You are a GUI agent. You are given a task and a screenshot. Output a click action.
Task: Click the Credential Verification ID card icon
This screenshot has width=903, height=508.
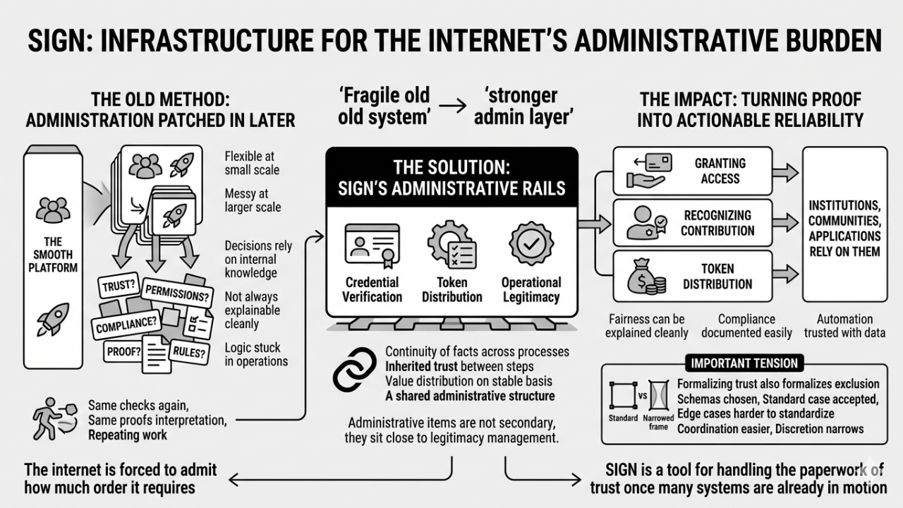point(372,244)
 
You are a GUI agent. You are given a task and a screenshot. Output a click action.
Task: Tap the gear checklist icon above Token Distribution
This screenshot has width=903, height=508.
point(451,244)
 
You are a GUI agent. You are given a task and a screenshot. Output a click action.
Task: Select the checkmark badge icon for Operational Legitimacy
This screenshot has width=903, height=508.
point(531,244)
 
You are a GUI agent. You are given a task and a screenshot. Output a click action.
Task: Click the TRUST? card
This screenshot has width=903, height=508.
point(118,286)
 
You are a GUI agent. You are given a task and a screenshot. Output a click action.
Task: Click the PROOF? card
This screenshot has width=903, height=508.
point(123,351)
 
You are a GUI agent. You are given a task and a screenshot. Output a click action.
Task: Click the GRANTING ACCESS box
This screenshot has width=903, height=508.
point(692,171)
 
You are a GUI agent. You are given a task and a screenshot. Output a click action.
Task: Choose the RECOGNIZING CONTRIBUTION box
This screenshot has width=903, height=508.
point(692,223)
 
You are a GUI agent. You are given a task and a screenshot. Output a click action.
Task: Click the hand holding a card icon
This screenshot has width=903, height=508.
point(645,171)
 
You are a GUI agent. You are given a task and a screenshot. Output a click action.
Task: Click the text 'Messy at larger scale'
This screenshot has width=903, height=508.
point(253,200)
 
